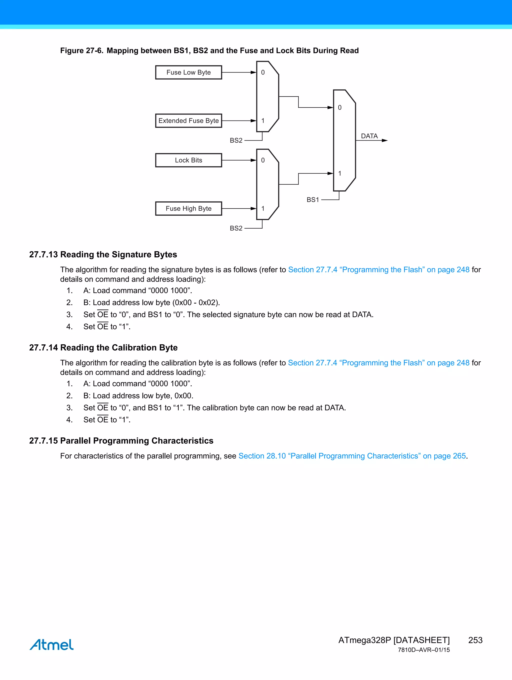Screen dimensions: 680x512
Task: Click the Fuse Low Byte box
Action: (x=188, y=73)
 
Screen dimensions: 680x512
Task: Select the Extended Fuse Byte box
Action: (x=188, y=121)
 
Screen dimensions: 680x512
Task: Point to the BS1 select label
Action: (x=313, y=200)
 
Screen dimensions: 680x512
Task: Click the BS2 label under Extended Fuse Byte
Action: (x=236, y=141)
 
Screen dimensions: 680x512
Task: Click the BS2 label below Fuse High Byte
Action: (x=236, y=228)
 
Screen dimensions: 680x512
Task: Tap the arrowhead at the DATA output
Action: (x=384, y=141)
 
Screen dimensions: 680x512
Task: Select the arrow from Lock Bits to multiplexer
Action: (x=239, y=160)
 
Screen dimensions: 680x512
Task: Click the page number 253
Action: (x=475, y=640)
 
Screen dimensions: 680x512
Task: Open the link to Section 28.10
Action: (x=352, y=456)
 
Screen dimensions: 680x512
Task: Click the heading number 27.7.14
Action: (x=43, y=348)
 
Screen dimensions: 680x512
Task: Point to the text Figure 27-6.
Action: (x=81, y=51)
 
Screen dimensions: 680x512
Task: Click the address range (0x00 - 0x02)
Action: (x=196, y=303)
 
